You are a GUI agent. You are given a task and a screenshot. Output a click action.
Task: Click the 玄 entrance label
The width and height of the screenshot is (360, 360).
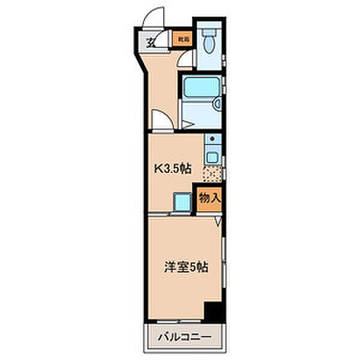(x=150, y=42)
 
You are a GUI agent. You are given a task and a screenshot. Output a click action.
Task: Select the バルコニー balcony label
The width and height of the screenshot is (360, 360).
(x=185, y=338)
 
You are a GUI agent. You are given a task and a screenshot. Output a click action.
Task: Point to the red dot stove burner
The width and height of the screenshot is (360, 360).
(x=212, y=139)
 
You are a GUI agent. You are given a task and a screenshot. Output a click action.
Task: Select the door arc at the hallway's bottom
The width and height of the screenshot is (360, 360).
(x=161, y=119)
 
